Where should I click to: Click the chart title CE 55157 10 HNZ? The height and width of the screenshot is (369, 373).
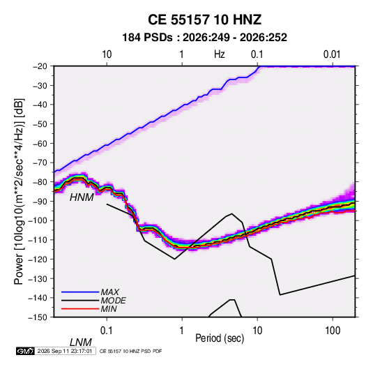tap(204, 20)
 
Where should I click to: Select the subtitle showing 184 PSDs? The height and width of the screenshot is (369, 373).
tap(204, 38)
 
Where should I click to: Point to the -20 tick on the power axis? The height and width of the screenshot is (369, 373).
tap(40, 66)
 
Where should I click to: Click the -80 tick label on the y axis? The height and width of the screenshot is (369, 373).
tap(40, 182)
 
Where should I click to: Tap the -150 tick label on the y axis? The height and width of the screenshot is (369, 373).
tap(38, 317)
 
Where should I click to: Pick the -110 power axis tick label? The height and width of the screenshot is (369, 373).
tap(38, 240)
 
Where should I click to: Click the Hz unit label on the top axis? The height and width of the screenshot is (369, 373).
tap(220, 54)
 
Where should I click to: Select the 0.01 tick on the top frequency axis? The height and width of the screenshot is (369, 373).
tap(332, 54)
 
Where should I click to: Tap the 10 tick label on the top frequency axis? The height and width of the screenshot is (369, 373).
tap(107, 54)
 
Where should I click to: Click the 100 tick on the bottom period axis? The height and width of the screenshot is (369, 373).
tap(333, 331)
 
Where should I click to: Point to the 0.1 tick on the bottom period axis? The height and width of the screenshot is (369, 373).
tap(107, 331)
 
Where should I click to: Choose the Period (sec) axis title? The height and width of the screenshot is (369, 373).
tap(220, 338)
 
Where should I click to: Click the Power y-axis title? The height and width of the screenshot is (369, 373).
tap(19, 191)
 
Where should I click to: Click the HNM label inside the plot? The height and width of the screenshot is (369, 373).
tap(82, 197)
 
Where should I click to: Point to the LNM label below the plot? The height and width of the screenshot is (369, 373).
tap(80, 342)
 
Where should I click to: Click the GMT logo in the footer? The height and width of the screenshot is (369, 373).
tap(25, 351)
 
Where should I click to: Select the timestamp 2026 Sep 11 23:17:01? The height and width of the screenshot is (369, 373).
tap(65, 351)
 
